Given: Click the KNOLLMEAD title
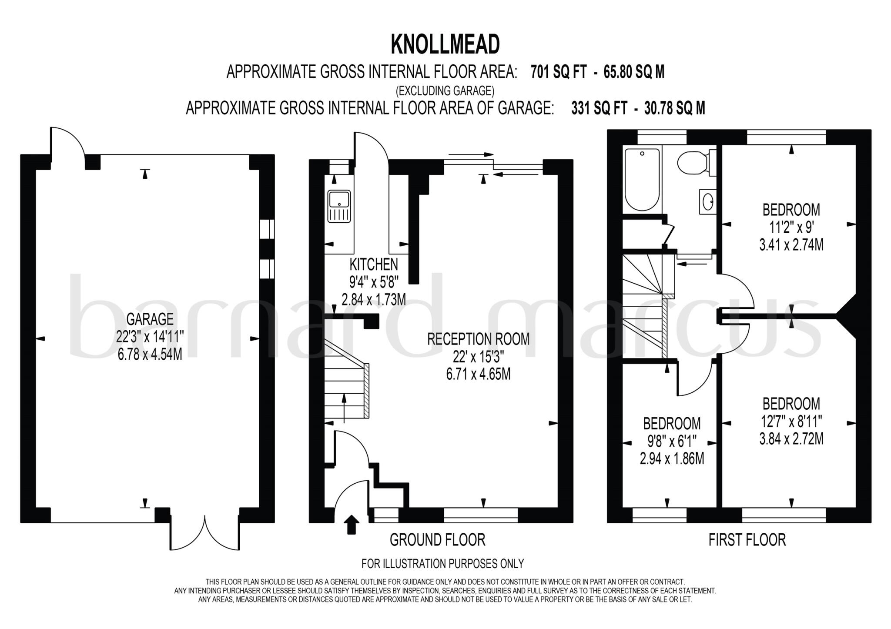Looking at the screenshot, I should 445,44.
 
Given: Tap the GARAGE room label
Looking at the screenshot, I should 150,319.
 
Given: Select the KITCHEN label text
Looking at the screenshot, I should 374,264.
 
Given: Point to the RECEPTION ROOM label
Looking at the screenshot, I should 478,339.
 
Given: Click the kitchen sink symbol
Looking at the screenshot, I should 339,207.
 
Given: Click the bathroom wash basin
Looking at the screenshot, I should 708,201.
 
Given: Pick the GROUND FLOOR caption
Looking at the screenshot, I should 437,540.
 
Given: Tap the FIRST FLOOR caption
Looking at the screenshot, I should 747,540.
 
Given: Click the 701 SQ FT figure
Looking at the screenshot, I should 559,72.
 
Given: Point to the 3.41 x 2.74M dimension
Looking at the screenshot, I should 791,245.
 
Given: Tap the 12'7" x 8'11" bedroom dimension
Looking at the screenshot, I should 791,422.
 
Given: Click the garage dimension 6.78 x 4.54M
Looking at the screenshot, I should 150,355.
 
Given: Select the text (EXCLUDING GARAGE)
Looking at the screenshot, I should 445,91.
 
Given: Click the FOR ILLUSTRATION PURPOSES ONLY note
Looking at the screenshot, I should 442,564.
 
